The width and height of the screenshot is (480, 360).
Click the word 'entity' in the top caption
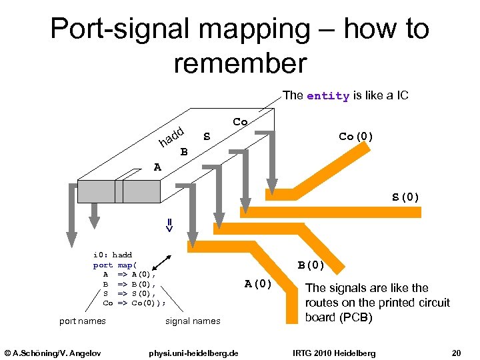pos(327,96)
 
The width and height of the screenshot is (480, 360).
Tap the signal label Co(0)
pos(356,137)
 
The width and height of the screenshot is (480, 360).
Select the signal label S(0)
pos(405,197)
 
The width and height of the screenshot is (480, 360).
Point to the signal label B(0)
pos(311,265)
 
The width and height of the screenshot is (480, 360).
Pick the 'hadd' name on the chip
pos(171,136)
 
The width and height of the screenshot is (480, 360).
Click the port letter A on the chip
pos(157,167)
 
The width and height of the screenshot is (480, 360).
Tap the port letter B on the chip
pos(184,152)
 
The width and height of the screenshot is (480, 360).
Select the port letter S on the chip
pos(207,137)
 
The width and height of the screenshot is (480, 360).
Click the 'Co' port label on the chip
pos(240,122)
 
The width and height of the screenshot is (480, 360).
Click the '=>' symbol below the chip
pos(169,225)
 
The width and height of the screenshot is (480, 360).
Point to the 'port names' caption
pos(82,321)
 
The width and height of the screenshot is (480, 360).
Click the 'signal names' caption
pos(192,321)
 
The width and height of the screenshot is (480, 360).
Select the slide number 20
pos(455,352)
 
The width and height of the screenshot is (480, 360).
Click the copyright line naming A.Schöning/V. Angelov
pos(51,352)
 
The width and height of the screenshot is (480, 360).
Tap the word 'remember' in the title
pos(239,63)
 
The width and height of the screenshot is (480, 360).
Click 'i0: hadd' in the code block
pos(112,255)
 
